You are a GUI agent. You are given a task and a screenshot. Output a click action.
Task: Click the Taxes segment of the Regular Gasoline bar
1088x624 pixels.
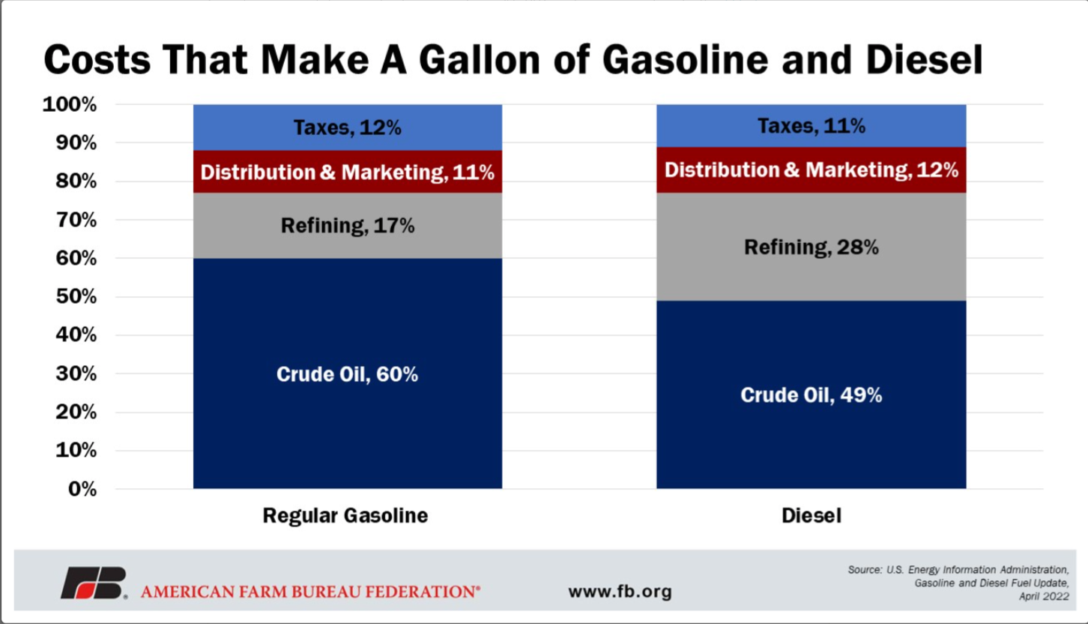point(347,127)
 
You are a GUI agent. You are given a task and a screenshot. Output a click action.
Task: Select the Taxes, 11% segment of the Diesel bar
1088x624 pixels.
point(812,126)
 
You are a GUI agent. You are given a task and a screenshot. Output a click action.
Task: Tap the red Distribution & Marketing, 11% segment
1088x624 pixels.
point(347,172)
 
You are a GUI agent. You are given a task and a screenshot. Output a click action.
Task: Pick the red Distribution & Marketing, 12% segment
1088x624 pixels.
point(812,170)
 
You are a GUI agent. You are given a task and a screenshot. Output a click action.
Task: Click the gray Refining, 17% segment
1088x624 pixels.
point(347,226)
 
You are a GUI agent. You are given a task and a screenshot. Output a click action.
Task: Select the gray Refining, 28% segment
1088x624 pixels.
point(812,247)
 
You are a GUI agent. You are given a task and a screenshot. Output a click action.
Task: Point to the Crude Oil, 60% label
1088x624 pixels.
point(347,374)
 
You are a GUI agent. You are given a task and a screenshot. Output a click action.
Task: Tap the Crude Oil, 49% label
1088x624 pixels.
point(812,394)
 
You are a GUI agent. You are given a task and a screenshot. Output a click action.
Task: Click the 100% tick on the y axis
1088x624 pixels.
point(70,104)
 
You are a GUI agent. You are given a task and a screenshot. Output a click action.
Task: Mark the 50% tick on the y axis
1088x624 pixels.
point(76,296)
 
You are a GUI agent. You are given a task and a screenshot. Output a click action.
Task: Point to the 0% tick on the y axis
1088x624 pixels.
point(82,489)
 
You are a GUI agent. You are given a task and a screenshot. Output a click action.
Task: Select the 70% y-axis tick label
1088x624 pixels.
point(76,220)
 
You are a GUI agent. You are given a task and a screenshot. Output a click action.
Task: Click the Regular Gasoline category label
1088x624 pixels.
point(345,516)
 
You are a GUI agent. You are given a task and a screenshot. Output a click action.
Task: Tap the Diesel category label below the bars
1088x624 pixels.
point(812,516)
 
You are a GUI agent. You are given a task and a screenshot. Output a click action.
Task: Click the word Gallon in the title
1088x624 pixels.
point(480,60)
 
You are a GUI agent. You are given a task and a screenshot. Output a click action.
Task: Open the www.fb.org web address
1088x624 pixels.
point(620,592)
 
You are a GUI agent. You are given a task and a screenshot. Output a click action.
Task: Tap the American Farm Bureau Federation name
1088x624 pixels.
point(310,592)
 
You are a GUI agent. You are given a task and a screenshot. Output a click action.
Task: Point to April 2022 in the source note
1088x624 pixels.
point(1044,596)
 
